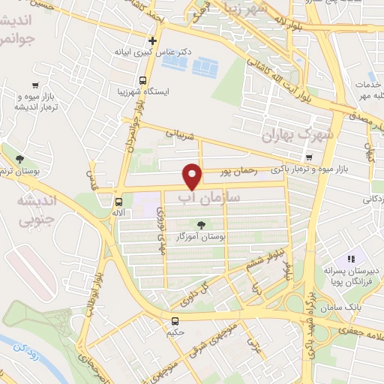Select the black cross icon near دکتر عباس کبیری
[153, 40]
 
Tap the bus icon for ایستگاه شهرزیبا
[142, 80]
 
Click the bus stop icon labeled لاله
[118, 202]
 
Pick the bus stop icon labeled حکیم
[175, 322]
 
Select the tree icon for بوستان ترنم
[18, 158]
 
